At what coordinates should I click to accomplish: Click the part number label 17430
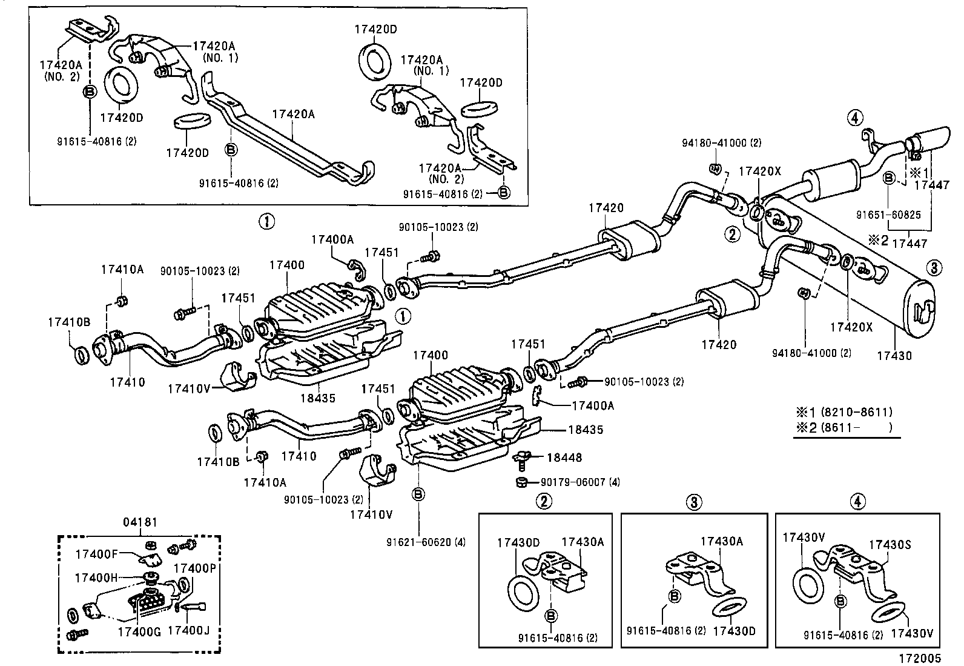click(894, 356)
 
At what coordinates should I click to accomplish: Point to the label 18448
click(564, 458)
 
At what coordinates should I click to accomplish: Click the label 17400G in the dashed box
click(139, 631)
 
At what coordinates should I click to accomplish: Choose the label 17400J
click(188, 631)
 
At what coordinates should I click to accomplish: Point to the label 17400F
click(96, 553)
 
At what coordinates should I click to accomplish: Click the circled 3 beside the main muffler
click(934, 267)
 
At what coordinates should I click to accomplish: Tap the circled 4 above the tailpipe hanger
click(854, 118)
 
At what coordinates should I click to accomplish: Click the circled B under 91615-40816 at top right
click(504, 193)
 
